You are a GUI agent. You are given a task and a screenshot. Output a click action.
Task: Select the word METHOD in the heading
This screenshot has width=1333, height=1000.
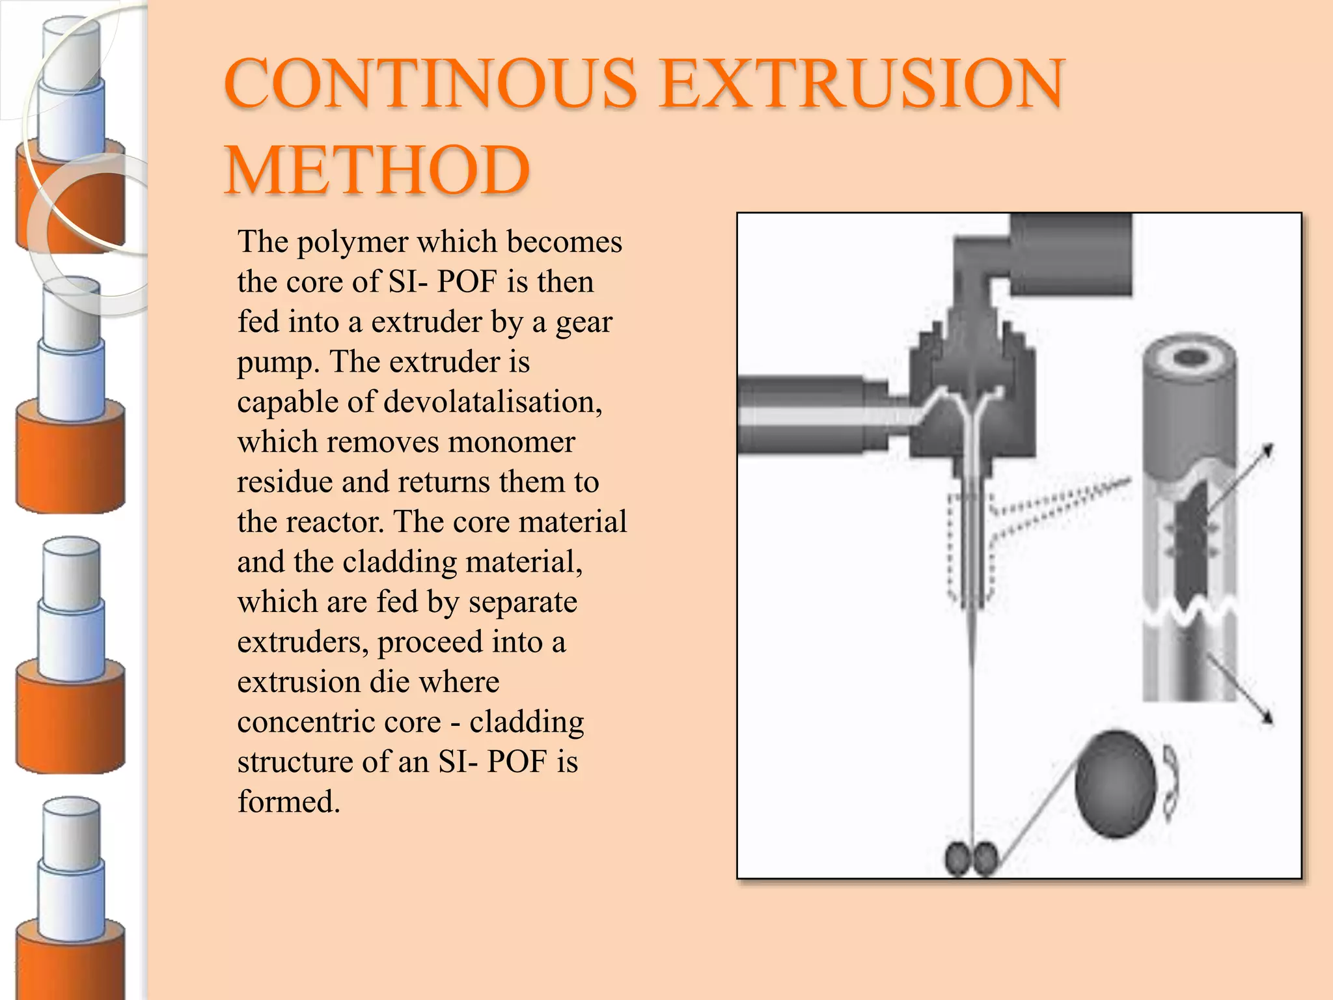[377, 171]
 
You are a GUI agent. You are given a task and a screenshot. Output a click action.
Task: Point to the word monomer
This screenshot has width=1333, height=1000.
[511, 442]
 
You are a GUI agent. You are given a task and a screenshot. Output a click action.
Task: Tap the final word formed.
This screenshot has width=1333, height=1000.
[288, 802]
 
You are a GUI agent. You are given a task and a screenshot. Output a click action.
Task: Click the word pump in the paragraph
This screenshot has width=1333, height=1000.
[277, 363]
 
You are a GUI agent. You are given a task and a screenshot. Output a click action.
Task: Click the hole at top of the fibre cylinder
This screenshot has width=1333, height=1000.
[1190, 356]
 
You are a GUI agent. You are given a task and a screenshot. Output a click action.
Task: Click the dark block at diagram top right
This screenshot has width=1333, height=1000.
[1071, 254]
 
